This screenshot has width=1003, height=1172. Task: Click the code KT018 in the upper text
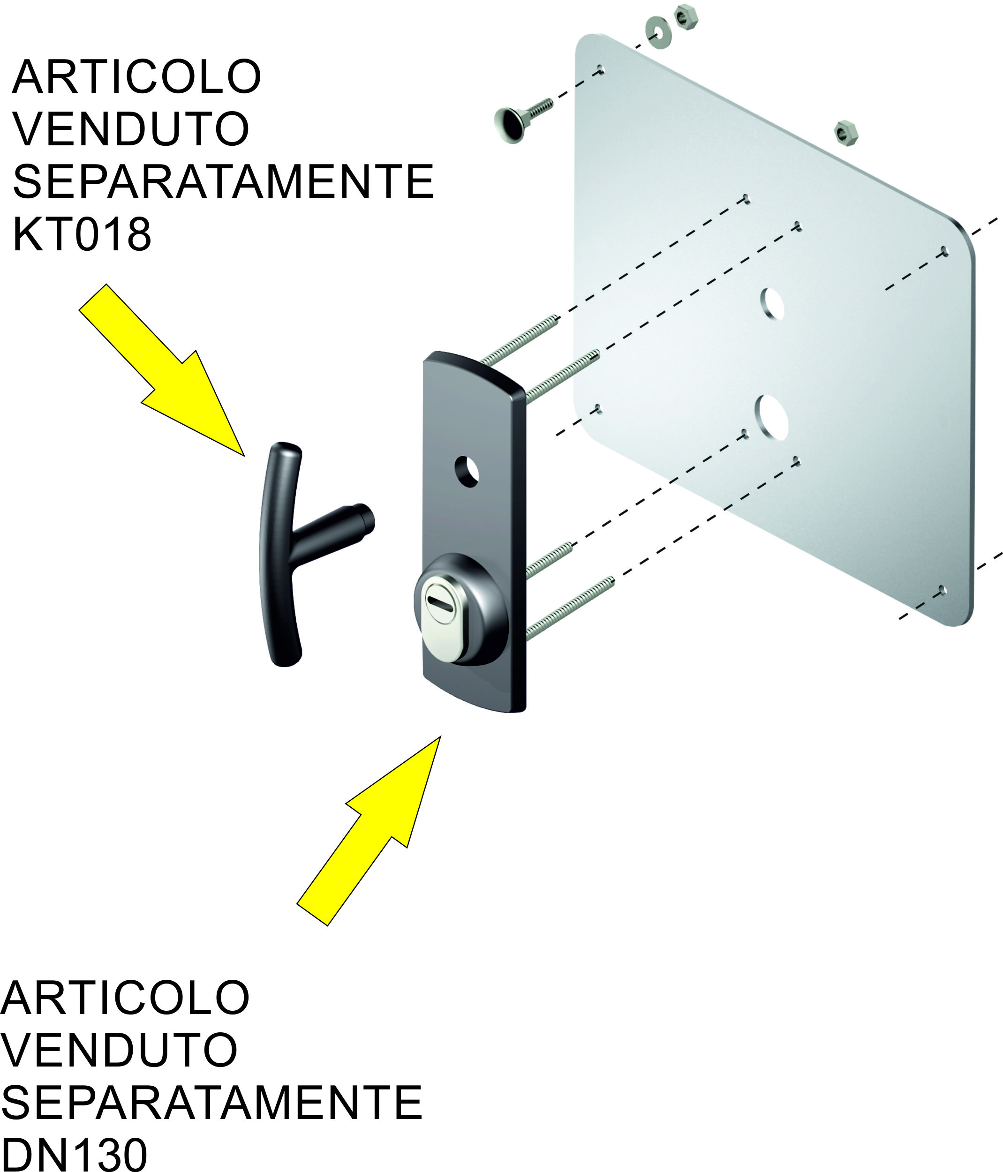click(x=82, y=234)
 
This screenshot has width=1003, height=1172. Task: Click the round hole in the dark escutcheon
click(x=467, y=471)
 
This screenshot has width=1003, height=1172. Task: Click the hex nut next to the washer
click(x=686, y=17)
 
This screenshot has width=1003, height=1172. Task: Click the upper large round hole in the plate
click(x=773, y=303)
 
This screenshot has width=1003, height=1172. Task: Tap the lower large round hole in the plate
click(x=772, y=417)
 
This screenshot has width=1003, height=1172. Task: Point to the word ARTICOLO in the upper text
click(x=136, y=77)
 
